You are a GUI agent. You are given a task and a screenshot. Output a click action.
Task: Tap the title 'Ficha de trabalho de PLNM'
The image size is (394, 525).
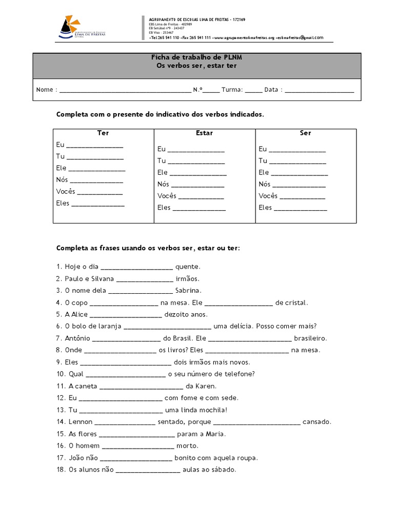point(197,57)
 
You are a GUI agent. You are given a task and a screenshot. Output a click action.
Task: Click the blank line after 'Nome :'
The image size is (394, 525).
point(125,90)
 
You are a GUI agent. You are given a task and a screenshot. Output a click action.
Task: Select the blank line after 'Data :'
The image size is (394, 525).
point(319,90)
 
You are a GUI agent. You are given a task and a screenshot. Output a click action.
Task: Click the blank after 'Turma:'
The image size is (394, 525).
point(253,90)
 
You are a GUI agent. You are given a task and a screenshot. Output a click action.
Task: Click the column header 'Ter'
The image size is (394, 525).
point(103,133)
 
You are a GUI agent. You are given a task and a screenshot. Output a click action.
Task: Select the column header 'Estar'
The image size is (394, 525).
point(204,133)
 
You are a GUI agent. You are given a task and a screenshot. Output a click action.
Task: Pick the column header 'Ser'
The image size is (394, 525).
point(305,133)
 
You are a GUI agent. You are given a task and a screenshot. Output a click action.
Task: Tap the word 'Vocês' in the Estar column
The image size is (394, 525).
point(167,196)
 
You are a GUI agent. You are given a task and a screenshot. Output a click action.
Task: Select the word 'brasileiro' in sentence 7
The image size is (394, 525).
point(310,338)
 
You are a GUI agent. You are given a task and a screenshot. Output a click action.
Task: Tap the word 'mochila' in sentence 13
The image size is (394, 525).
point(210,410)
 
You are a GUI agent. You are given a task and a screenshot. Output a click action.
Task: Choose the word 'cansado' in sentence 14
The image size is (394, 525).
point(317,422)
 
